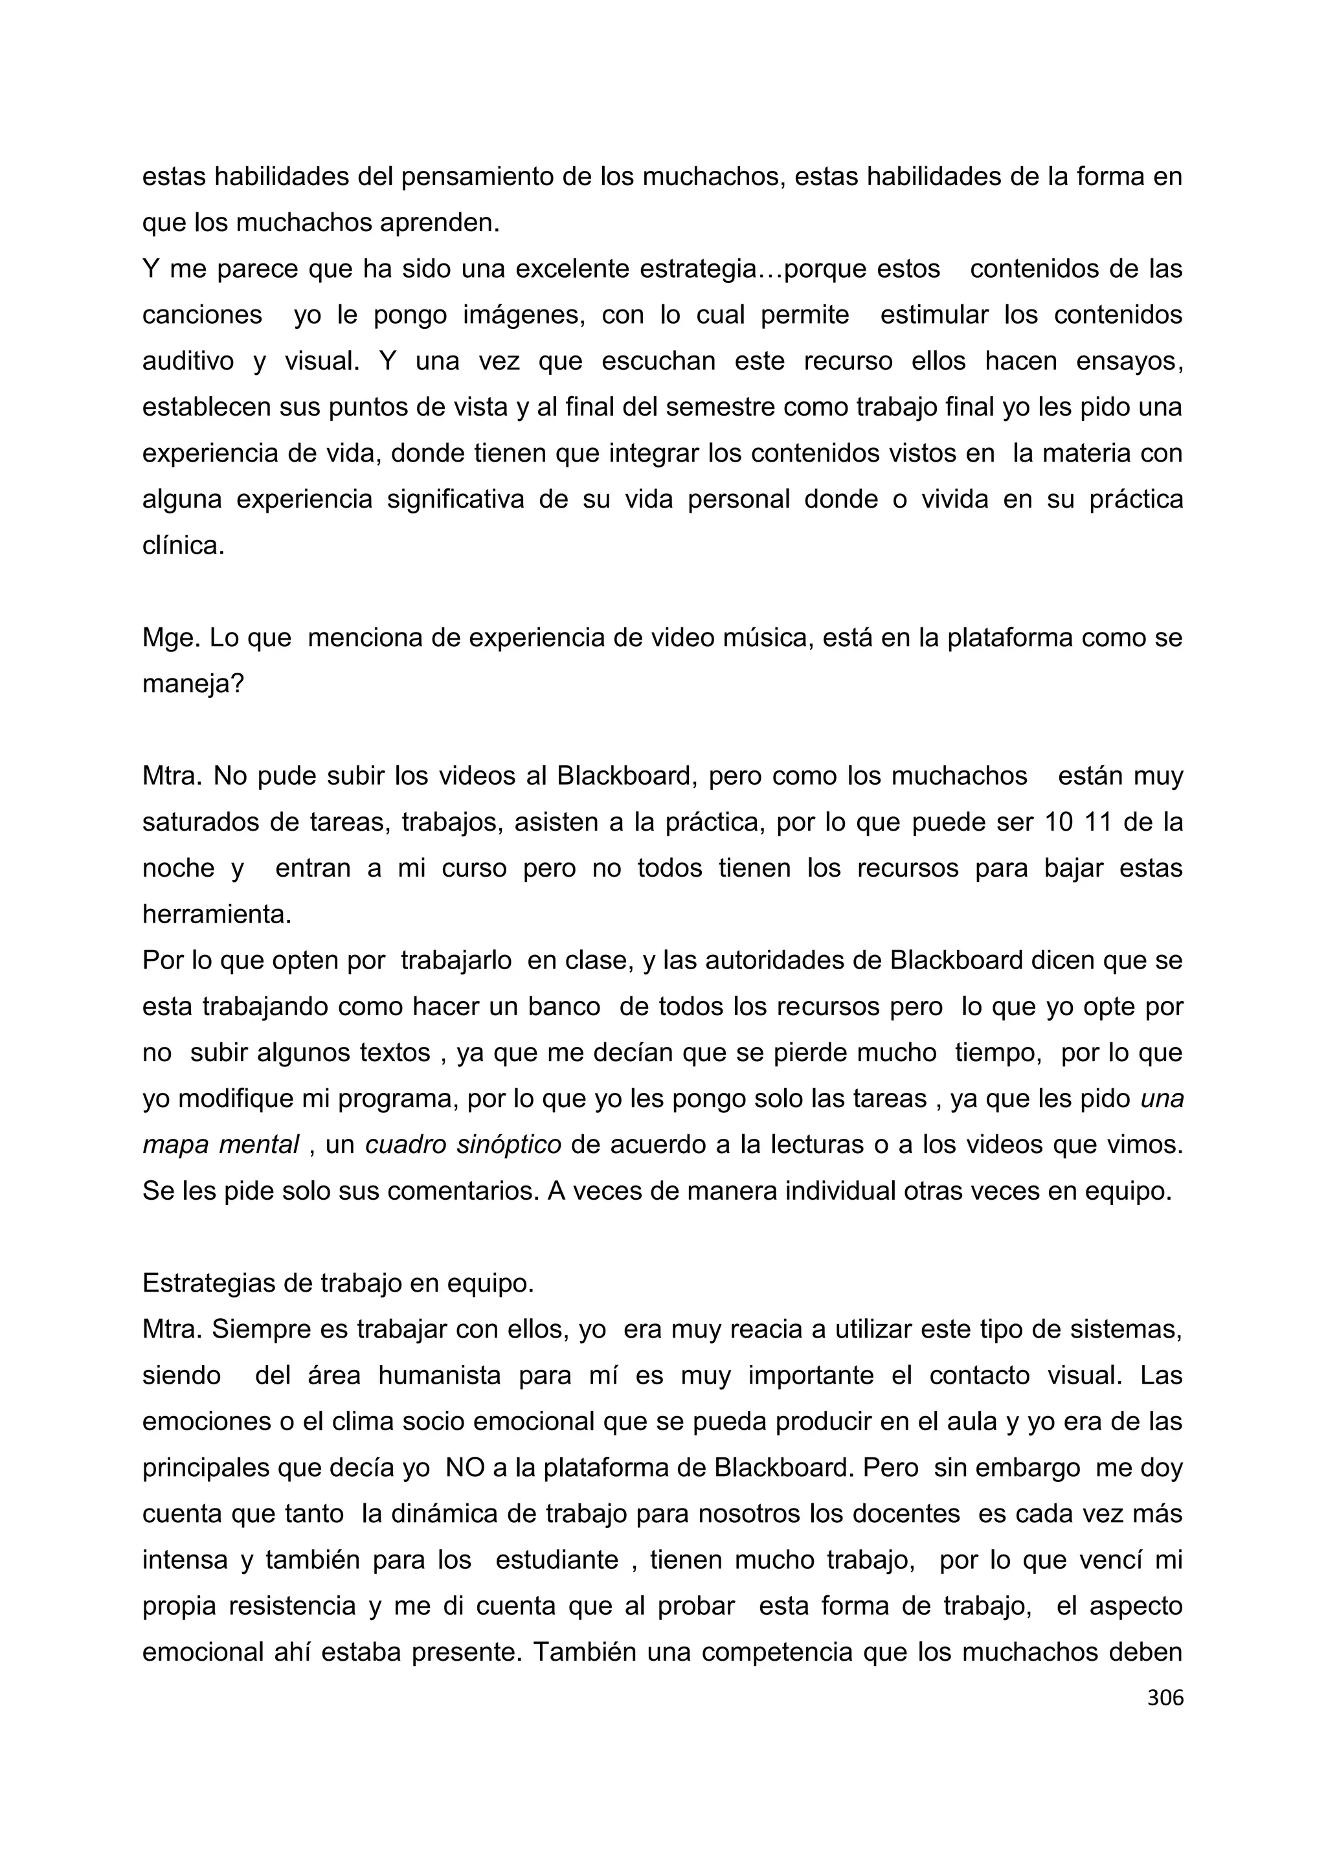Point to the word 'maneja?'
[x=194, y=684]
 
